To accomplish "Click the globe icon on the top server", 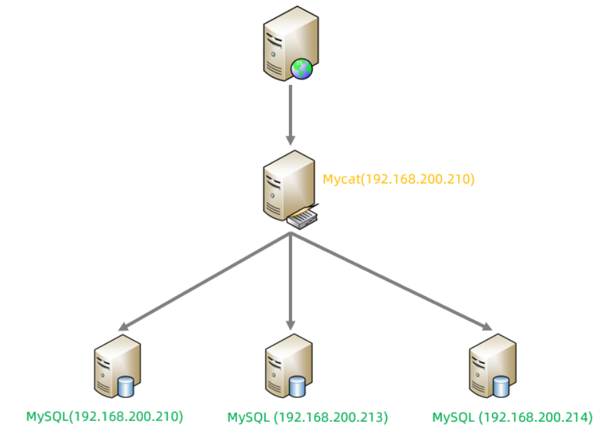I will click(302, 68).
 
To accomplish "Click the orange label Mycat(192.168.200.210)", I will click(398, 180).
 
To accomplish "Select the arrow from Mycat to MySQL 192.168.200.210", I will click(204, 280).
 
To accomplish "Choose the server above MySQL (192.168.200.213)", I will click(285, 367).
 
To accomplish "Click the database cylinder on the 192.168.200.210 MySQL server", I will click(126, 388).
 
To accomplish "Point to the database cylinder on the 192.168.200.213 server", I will click(297, 388).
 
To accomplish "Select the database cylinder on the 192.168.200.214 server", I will click(502, 388).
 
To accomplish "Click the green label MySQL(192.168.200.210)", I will click(105, 416).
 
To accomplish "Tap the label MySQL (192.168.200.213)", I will click(307, 416).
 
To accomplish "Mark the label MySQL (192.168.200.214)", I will click(512, 416).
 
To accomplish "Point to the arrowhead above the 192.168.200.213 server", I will click(291, 324).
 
